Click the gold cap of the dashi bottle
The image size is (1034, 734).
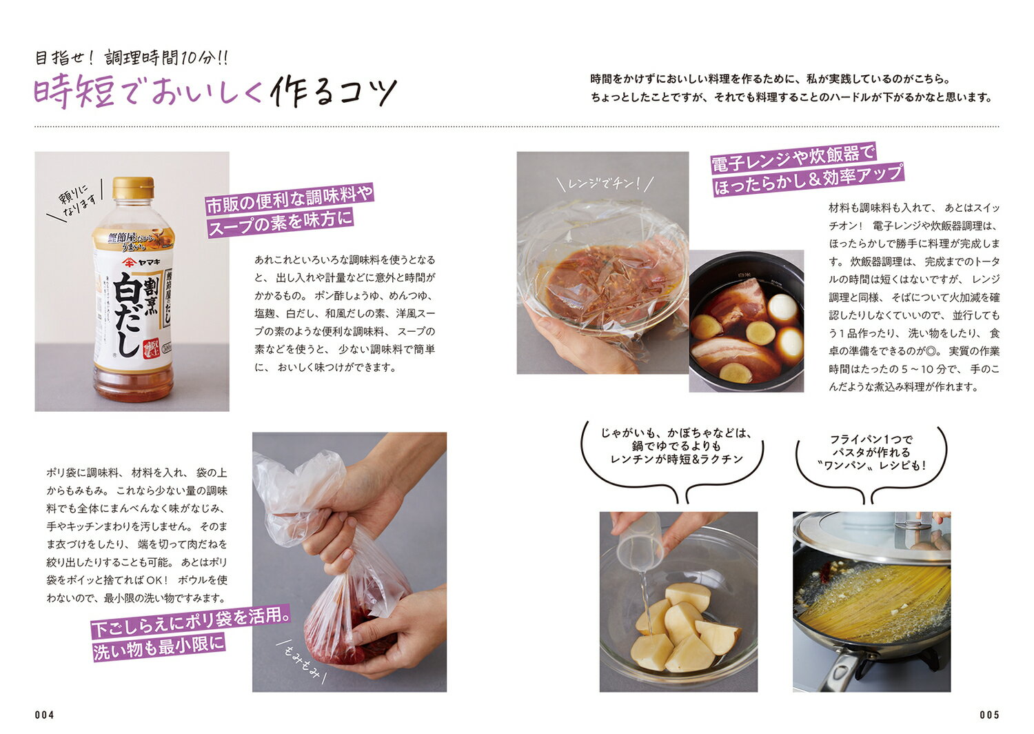[133, 188]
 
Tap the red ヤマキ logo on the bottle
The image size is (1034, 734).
[141, 262]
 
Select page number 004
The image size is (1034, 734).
[44, 715]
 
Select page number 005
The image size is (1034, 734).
[989, 715]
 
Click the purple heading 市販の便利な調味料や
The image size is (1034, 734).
[290, 199]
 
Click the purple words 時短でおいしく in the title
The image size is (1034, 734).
[148, 92]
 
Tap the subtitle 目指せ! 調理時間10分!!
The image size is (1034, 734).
[132, 58]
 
